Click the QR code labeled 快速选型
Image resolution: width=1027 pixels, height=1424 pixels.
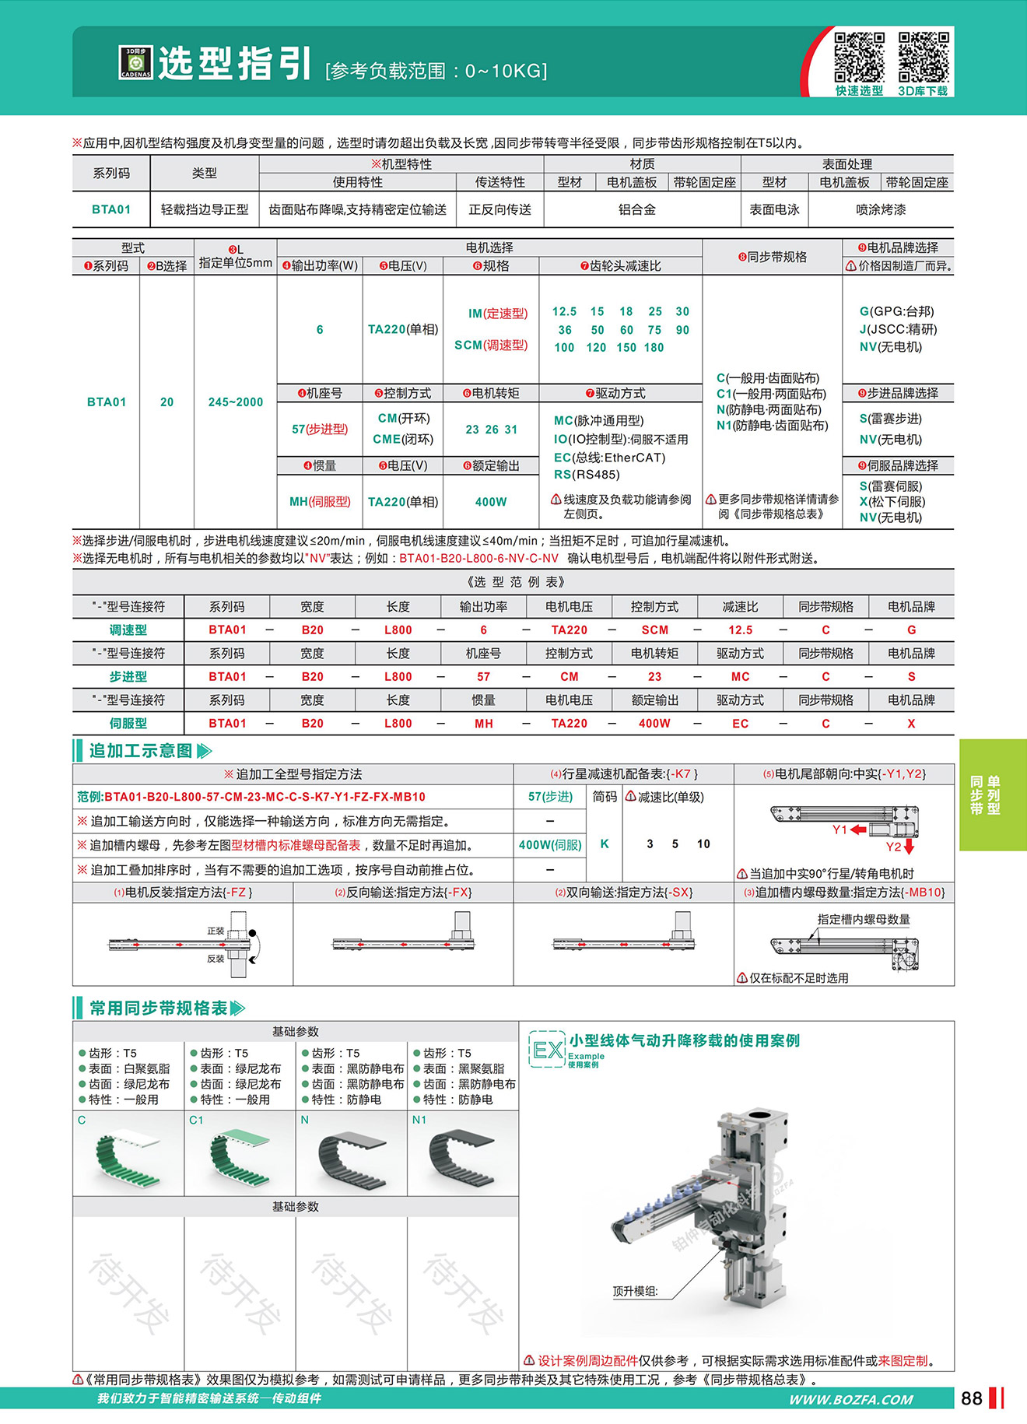point(859,57)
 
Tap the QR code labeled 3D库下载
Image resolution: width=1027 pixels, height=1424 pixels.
point(924,57)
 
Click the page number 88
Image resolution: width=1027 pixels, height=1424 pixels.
point(971,1398)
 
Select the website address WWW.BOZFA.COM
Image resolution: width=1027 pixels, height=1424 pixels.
point(850,1399)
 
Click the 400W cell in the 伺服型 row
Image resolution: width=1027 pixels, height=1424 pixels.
point(654,723)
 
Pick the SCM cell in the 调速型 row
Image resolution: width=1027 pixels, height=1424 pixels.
point(654,630)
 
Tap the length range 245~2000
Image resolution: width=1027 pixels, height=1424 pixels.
point(235,402)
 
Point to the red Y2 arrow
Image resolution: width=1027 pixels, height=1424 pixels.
point(909,847)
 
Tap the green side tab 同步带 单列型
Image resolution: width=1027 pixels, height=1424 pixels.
point(984,794)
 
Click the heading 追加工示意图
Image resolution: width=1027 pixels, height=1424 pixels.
point(141,750)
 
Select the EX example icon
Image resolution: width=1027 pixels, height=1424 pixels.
point(547,1050)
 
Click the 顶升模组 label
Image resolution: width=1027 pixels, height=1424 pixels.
point(635,1291)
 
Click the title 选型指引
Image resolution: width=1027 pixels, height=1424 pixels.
point(235,63)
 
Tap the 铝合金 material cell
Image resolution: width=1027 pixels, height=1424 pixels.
point(636,209)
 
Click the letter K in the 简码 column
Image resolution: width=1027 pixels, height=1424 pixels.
point(605,844)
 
